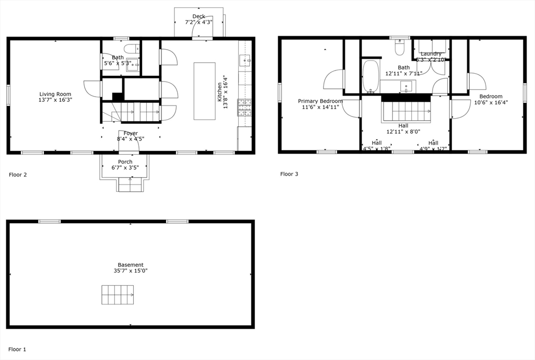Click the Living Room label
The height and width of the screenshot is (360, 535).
click(55, 94)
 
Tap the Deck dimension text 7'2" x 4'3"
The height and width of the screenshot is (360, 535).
click(199, 22)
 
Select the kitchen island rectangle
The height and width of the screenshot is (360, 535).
click(204, 91)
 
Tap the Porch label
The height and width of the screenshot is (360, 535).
click(125, 161)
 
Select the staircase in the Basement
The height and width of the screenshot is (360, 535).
click(118, 295)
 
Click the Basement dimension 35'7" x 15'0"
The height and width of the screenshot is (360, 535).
click(130, 271)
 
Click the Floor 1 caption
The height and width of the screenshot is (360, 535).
click(17, 349)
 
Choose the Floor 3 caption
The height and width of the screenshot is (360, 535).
click(289, 174)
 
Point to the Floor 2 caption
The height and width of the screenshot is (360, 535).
click(18, 175)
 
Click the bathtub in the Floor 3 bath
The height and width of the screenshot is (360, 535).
click(370, 76)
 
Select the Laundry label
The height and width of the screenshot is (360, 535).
click(431, 53)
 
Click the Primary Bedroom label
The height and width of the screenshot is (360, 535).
click(320, 101)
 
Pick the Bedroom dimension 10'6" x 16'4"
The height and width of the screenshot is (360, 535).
click(491, 102)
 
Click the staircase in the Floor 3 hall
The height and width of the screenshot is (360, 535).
click(406, 111)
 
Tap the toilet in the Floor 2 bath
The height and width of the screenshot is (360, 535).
click(132, 49)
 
